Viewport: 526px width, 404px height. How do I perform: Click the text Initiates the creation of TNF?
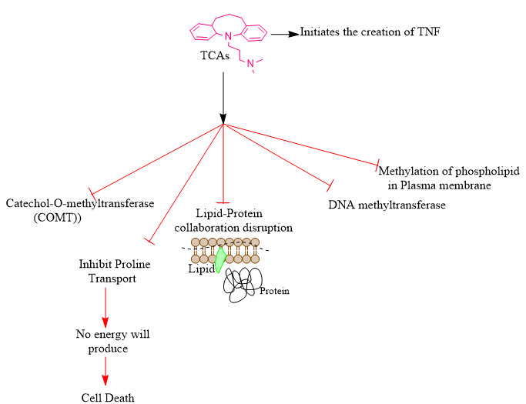pyautogui.click(x=370, y=32)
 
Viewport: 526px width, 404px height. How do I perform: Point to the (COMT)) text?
pyautogui.click(x=58, y=217)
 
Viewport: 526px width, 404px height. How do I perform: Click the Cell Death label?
pyautogui.click(x=108, y=397)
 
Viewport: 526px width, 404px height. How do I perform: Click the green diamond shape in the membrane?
pyautogui.click(x=220, y=259)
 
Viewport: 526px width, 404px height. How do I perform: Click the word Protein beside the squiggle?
pyautogui.click(x=274, y=291)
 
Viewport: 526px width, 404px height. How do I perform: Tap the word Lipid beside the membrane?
pyautogui.click(x=200, y=269)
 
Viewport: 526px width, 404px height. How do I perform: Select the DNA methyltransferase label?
pyautogui.click(x=387, y=205)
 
